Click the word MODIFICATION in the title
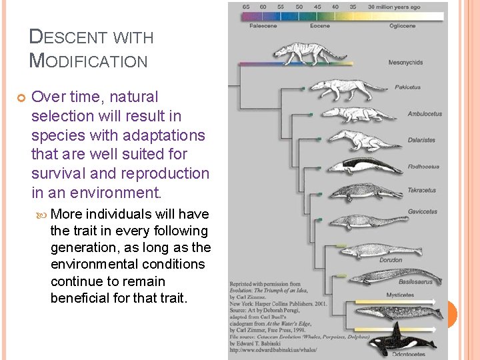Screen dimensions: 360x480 pos(89,61)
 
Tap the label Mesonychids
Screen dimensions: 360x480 pos(405,63)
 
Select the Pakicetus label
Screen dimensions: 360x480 pos(407,87)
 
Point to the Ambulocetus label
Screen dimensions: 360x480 pos(425,114)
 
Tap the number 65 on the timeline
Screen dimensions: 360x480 pos(246,6)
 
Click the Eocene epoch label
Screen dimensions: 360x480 pos(319,26)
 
